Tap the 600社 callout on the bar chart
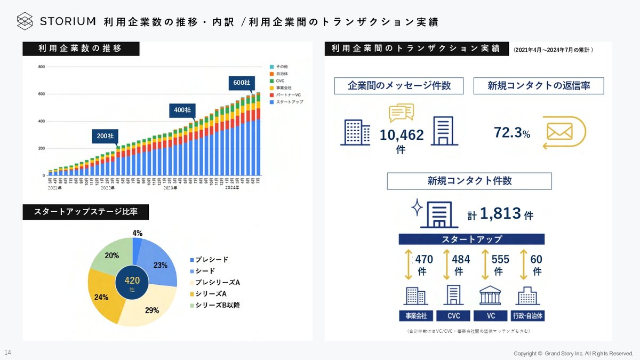[x=242, y=83]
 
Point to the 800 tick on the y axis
[x=41, y=67]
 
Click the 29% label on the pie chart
[x=151, y=310]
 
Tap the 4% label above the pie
[x=138, y=233]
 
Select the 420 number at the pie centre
[x=132, y=280]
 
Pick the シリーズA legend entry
[x=207, y=293]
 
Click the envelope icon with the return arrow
[x=559, y=131]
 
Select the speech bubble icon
[x=401, y=113]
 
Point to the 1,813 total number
[x=500, y=214]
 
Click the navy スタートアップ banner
[x=471, y=239]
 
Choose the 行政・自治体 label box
[x=527, y=316]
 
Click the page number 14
[x=7, y=353]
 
